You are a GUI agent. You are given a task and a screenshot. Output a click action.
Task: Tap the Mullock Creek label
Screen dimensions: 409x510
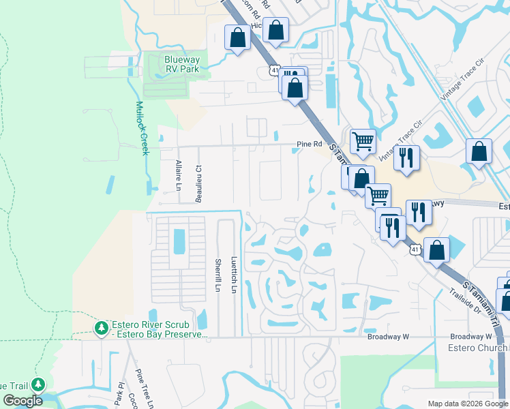tap(142, 128)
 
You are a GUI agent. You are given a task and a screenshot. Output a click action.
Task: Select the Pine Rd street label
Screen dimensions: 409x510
tap(308, 144)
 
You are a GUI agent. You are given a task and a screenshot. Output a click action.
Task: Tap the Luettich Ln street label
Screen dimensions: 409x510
tap(233, 275)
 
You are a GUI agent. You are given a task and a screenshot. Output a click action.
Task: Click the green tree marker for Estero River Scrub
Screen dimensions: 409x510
tap(102, 329)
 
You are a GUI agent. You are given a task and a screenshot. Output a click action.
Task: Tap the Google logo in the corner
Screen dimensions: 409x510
tap(22, 401)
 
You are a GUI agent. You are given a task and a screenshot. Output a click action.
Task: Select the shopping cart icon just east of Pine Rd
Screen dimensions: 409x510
tap(363, 142)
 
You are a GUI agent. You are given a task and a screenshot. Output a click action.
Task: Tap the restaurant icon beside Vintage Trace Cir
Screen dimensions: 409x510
tap(406, 157)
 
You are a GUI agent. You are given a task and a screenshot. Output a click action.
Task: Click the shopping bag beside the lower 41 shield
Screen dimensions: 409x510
tap(436, 249)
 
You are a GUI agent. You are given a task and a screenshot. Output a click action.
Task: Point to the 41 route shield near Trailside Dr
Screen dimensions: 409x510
tap(415, 250)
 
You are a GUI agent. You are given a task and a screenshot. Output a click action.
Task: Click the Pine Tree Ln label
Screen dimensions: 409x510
tap(141, 386)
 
